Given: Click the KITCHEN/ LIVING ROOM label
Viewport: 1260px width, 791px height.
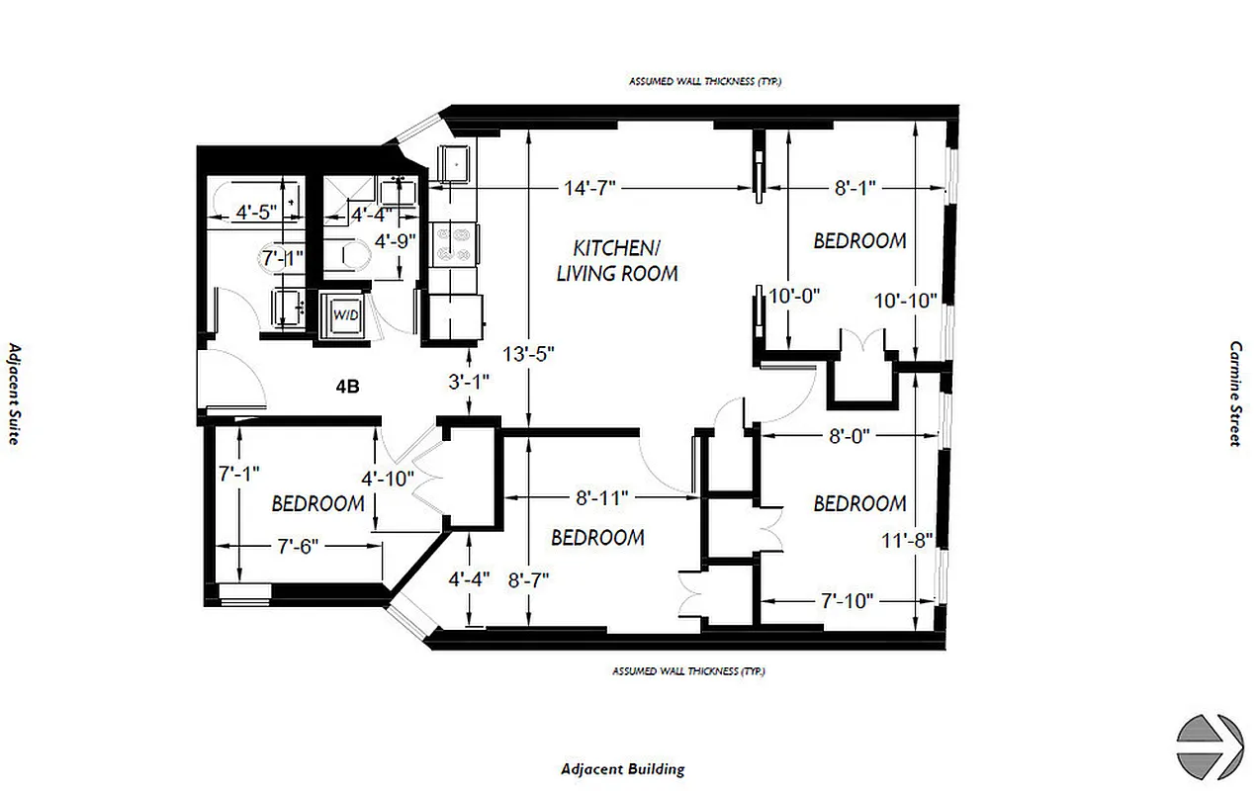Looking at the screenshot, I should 617,259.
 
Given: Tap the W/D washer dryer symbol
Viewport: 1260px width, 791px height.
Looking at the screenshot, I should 344,315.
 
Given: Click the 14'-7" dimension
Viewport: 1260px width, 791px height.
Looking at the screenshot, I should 590,187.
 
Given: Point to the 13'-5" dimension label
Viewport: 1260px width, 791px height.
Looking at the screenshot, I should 529,355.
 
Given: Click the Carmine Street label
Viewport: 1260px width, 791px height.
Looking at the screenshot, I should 1234,395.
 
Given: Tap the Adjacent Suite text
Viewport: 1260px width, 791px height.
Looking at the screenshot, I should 14,394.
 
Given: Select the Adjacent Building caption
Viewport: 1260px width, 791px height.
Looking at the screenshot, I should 622,768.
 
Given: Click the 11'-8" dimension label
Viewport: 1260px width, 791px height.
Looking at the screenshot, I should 907,540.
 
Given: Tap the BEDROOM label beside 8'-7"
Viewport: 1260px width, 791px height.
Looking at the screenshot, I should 597,537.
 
